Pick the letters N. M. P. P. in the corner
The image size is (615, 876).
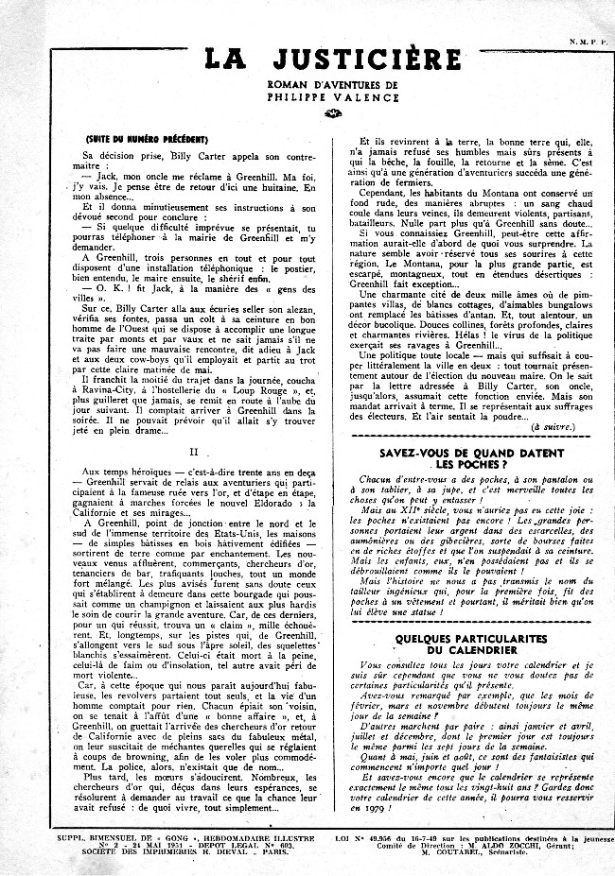click(x=587, y=41)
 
